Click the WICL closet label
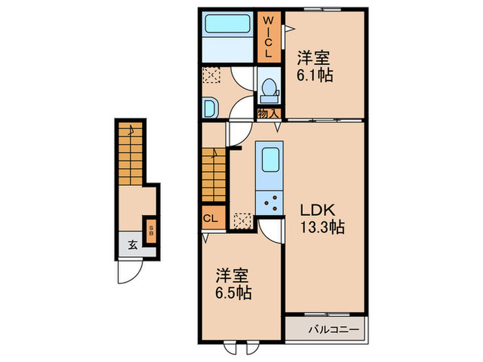(268, 37)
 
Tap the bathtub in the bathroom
(228, 23)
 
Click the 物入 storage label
(268, 114)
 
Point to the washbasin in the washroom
(210, 108)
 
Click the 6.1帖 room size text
(315, 75)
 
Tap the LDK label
(317, 210)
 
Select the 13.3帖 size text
(322, 228)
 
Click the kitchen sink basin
(270, 160)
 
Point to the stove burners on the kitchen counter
(270, 203)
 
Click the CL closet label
(210, 219)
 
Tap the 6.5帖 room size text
(233, 293)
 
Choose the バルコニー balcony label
(334, 330)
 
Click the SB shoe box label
(151, 230)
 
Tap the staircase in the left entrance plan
(130, 154)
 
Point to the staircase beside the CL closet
(214, 175)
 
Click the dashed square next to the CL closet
(242, 221)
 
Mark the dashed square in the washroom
(212, 74)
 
